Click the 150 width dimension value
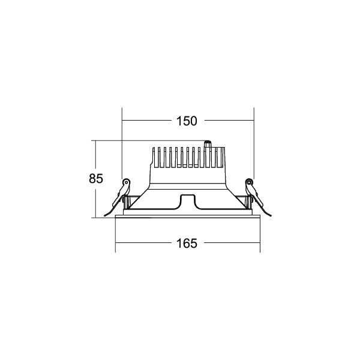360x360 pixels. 187,121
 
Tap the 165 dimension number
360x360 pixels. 187,244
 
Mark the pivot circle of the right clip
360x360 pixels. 248,182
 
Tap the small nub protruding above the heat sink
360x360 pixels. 208,144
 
